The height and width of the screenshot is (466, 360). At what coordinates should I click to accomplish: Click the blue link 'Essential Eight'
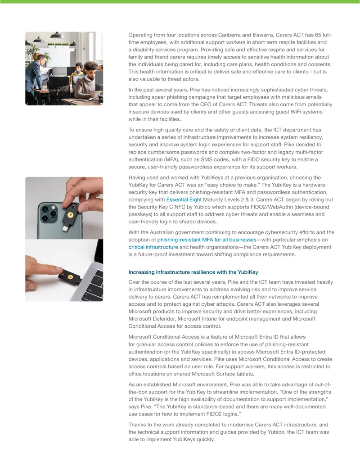click(184, 200)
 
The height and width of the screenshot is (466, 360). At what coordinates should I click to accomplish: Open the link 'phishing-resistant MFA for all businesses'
click(207, 240)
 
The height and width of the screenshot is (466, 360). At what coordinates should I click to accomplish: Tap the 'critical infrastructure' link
click(153, 247)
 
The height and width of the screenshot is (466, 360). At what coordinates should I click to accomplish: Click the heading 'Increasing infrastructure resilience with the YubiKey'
click(193, 272)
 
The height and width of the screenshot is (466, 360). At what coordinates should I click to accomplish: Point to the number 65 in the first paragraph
click(318, 35)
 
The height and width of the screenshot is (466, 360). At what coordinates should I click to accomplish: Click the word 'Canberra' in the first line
click(229, 35)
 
